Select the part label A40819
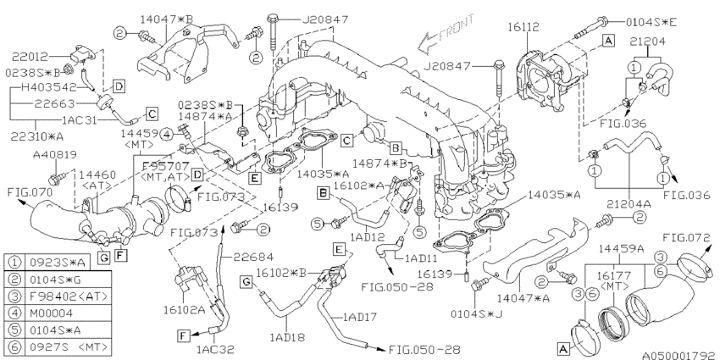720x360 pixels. (x=53, y=155)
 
